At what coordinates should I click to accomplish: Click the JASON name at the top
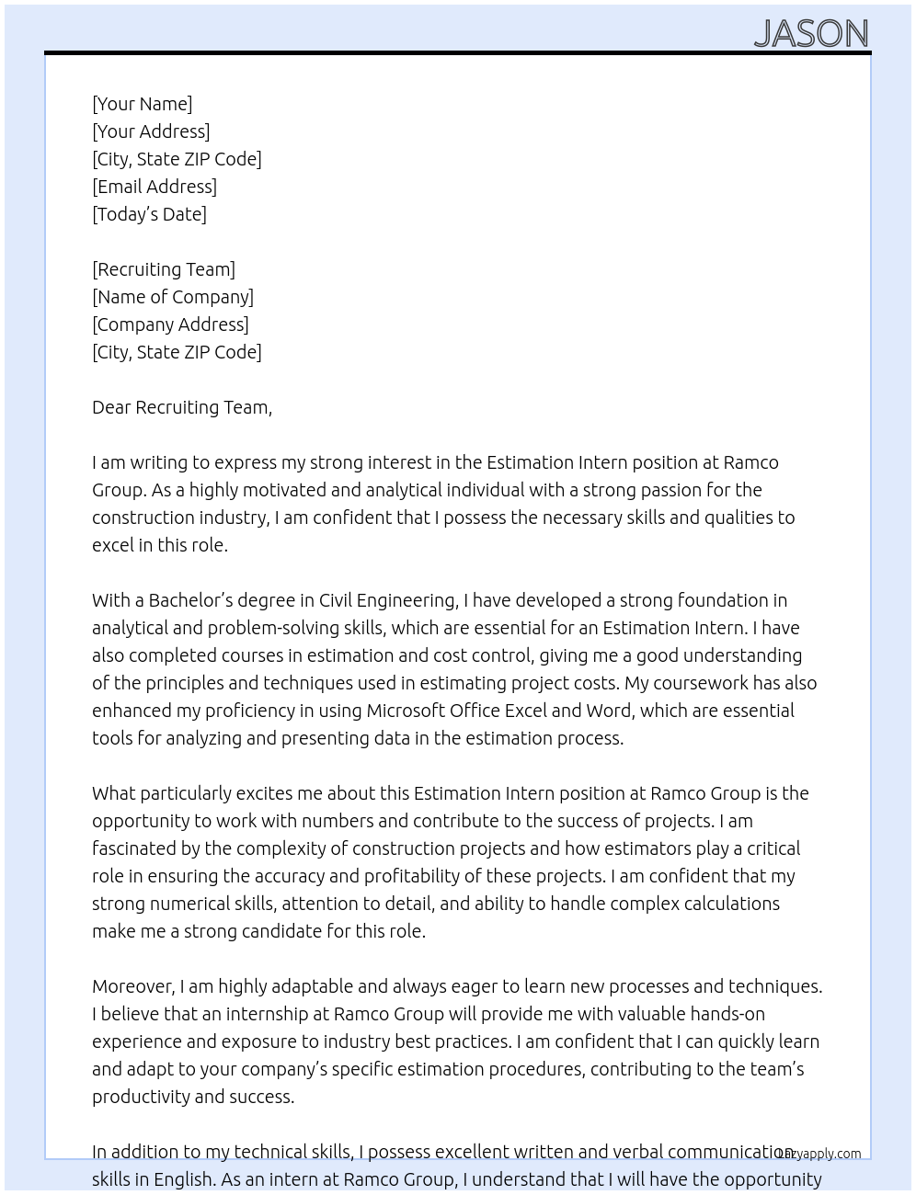point(811,34)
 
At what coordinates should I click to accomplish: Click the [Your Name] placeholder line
point(142,104)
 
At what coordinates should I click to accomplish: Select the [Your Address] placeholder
point(151,131)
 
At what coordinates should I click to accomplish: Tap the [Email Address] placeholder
point(155,187)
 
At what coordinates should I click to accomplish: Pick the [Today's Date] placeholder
point(149,214)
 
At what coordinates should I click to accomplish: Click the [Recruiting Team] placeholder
point(164,269)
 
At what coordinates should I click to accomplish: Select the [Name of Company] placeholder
point(173,297)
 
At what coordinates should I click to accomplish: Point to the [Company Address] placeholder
point(170,324)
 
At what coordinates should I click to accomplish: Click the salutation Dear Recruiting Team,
point(182,407)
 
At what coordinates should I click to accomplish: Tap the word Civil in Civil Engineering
point(330,600)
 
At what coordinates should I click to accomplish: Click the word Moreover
point(133,986)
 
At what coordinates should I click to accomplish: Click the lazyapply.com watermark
point(819,1154)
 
